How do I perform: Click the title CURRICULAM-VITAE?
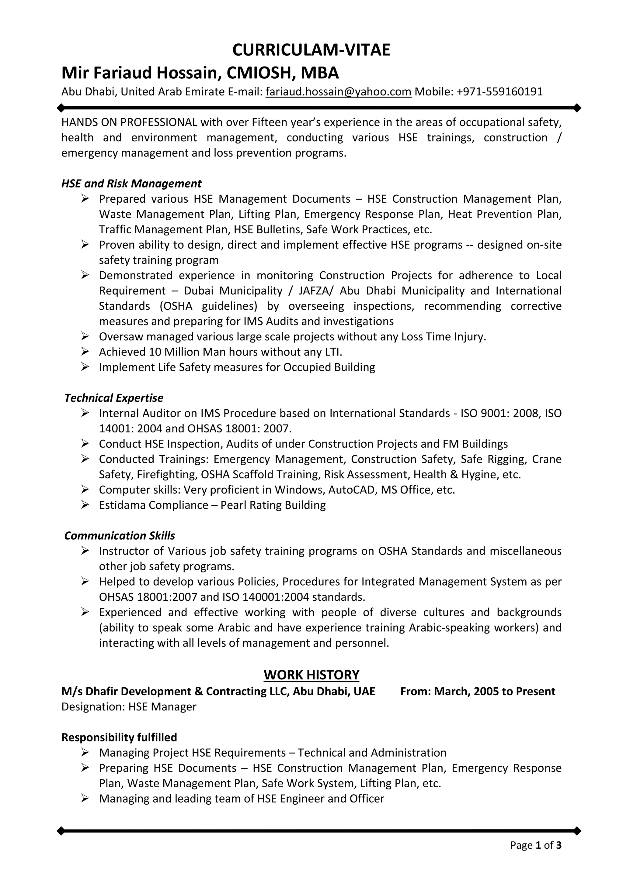[x=311, y=50]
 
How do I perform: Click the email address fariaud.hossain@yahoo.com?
[x=338, y=91]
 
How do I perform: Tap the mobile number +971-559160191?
[x=499, y=91]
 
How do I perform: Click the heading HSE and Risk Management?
[x=131, y=184]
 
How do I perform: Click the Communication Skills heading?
[x=119, y=535]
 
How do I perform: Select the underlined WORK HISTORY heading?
[x=311, y=675]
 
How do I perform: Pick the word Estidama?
[x=122, y=505]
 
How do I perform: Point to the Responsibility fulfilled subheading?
[x=119, y=737]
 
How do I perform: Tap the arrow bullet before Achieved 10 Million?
[x=85, y=352]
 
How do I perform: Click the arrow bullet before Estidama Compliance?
[x=85, y=505]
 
